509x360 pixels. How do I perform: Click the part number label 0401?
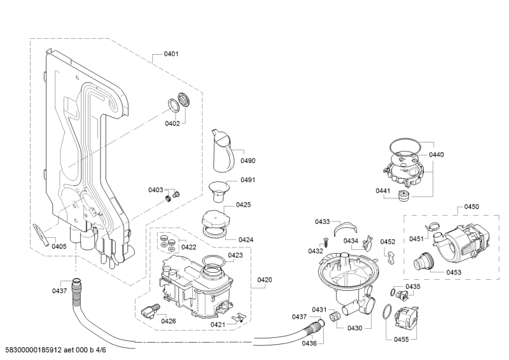(x=171, y=54)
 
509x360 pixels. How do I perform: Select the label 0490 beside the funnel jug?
(x=248, y=161)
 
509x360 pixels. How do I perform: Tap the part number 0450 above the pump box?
(x=471, y=207)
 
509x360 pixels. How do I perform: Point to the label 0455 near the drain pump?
(x=401, y=340)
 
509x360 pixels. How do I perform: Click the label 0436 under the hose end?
(x=309, y=343)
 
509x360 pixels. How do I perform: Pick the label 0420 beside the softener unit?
(x=265, y=280)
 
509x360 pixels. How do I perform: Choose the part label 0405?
(x=59, y=246)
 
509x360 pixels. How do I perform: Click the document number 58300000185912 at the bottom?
(x=34, y=350)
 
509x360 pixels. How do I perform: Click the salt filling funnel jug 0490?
(x=223, y=151)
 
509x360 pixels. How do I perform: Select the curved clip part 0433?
(x=345, y=227)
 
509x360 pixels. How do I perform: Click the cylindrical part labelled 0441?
(x=404, y=197)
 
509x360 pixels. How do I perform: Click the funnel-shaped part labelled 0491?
(x=218, y=192)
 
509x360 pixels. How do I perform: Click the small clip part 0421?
(x=239, y=317)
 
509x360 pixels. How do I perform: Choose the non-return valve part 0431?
(x=335, y=315)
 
